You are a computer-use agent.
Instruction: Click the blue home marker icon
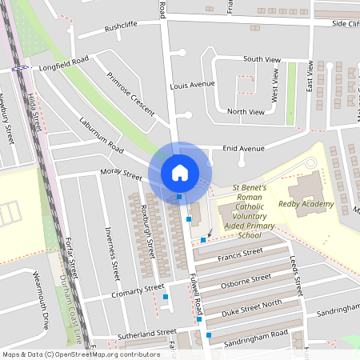[180, 172]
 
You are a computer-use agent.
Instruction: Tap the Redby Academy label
[305, 204]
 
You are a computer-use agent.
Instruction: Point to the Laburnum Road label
[102, 137]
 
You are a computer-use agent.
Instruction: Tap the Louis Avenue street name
[193, 84]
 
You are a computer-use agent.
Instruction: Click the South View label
[262, 59]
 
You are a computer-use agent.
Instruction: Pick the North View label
[246, 112]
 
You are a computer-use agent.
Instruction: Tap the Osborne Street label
[246, 280]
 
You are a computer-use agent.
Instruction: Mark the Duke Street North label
[251, 305]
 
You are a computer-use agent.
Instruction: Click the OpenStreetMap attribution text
[80, 354]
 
